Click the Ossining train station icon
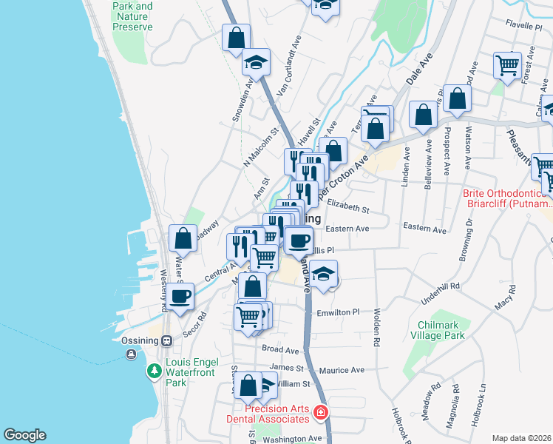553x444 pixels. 167,341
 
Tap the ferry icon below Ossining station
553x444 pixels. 131,354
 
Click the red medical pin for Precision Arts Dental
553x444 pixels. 321,412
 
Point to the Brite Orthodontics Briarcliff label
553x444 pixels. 506,198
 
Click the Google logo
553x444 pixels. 24,435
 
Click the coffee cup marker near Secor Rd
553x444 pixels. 180,297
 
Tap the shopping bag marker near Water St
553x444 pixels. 183,239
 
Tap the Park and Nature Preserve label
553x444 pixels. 132,16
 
